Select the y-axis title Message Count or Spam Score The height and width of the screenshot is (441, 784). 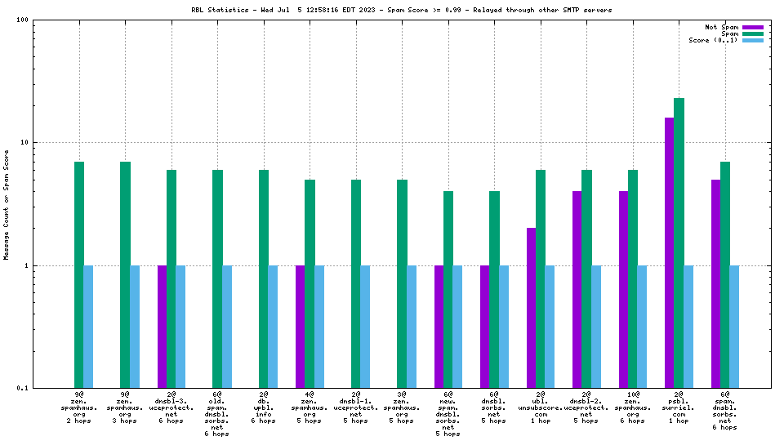pyautogui.click(x=7, y=204)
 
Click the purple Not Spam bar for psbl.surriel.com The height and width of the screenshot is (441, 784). pyautogui.click(x=670, y=252)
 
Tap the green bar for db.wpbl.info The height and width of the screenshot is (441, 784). pyautogui.click(x=264, y=278)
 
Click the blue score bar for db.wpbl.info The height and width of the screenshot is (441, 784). pyautogui.click(x=273, y=327)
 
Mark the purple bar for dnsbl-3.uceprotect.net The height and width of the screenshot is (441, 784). pyautogui.click(x=162, y=327)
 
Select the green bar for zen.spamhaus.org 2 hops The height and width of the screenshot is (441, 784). pyautogui.click(x=79, y=274)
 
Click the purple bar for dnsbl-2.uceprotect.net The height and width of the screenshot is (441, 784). pyautogui.click(x=577, y=289)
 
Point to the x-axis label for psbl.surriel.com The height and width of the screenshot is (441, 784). pyautogui.click(x=679, y=408)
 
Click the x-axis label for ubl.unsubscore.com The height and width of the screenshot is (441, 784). pyautogui.click(x=541, y=408)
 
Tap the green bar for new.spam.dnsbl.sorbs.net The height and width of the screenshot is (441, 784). pyautogui.click(x=448, y=289)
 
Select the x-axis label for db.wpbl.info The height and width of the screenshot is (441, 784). pyautogui.click(x=264, y=408)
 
